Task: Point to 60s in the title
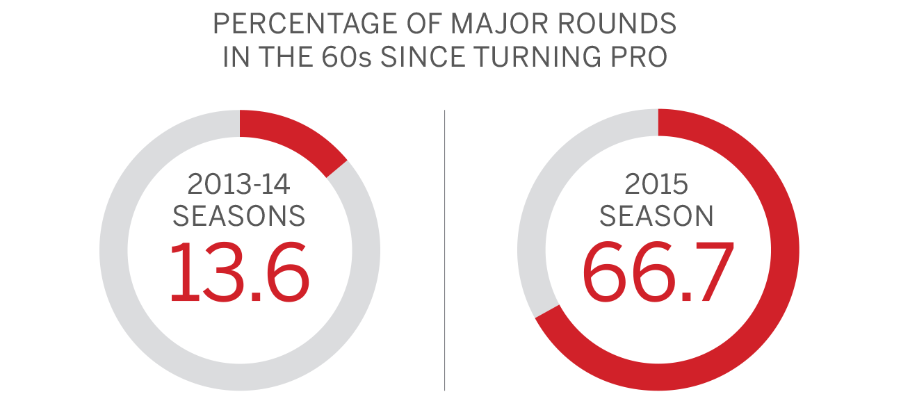pyautogui.click(x=347, y=57)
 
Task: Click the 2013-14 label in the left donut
pyautogui.click(x=238, y=184)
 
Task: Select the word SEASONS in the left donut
pyautogui.click(x=238, y=216)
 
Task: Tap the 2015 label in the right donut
pyautogui.click(x=656, y=184)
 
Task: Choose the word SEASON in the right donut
pyautogui.click(x=656, y=216)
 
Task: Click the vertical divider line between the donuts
pyautogui.click(x=444, y=250)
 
